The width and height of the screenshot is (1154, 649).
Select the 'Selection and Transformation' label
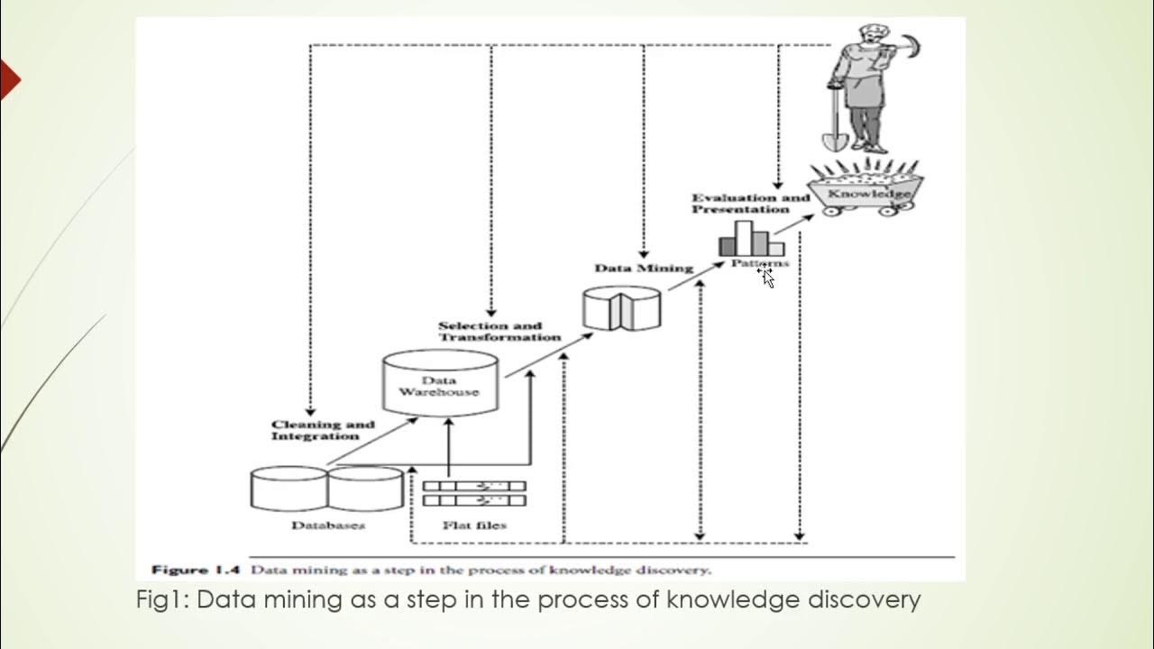point(499,331)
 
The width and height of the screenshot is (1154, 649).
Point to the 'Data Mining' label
point(643,268)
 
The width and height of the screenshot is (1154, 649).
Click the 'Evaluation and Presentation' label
point(750,203)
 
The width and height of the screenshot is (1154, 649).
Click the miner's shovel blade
point(832,140)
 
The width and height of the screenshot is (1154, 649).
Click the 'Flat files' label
point(474,525)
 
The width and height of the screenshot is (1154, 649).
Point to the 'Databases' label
point(327,525)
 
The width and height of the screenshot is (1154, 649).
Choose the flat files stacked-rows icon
point(474,493)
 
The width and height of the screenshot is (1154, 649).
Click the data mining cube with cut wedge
point(622,307)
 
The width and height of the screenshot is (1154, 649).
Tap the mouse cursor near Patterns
point(767,278)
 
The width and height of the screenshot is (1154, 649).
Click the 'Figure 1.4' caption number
point(193,570)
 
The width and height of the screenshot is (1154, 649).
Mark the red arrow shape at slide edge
point(9,81)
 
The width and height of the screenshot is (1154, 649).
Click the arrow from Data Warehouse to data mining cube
point(548,354)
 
